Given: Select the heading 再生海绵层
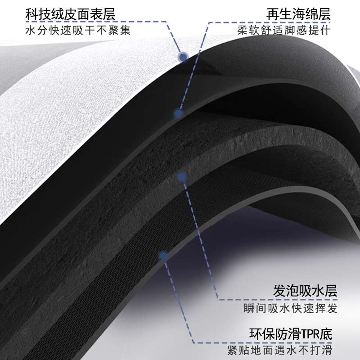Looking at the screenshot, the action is [x=299, y=14].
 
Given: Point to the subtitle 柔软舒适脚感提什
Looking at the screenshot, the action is [x=284, y=31].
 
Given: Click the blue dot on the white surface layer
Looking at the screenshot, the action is [x=183, y=57].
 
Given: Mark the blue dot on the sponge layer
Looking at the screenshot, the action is [x=179, y=113].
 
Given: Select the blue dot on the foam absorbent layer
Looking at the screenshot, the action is [x=182, y=177].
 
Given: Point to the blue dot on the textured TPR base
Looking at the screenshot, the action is [x=163, y=256].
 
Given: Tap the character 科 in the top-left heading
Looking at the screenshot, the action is [x=31, y=14].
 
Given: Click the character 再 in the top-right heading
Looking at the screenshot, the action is [x=273, y=14].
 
